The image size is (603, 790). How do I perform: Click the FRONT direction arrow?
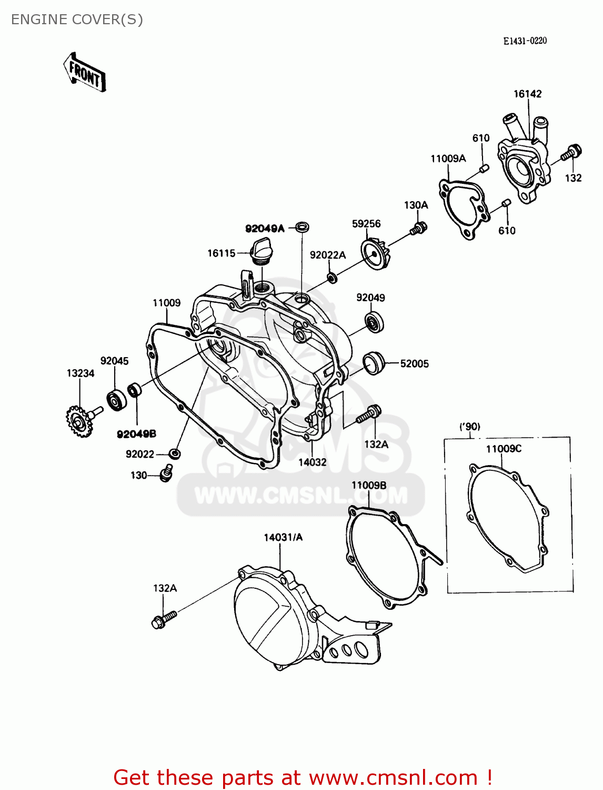click(85, 73)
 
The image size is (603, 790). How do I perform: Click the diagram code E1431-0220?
click(525, 41)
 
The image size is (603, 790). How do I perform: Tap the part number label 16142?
click(527, 94)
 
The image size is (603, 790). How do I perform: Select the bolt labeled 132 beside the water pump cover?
click(571, 153)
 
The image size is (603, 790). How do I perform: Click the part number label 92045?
click(114, 361)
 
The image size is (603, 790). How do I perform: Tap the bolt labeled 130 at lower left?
click(166, 472)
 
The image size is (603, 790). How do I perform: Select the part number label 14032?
click(312, 462)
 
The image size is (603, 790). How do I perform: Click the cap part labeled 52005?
click(374, 363)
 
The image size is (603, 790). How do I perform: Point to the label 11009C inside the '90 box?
click(504, 449)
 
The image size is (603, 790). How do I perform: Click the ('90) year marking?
click(469, 427)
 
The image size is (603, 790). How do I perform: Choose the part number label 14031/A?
click(283, 537)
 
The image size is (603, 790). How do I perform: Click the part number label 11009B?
click(369, 485)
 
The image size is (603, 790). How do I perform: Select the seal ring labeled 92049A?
click(302, 228)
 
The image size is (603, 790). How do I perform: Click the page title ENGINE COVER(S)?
click(77, 19)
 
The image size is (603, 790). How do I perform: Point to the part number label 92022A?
click(327, 255)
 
